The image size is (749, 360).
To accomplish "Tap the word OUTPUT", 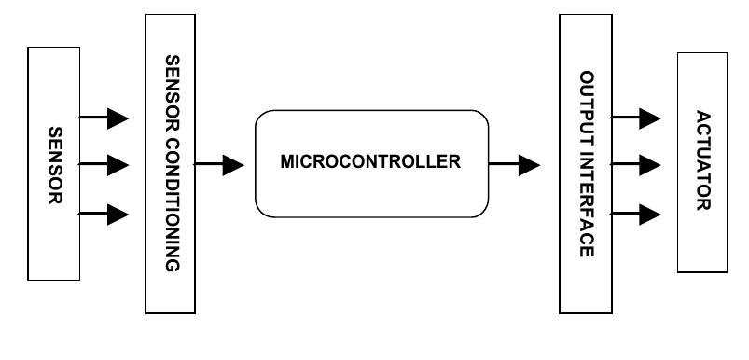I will pos(585,104).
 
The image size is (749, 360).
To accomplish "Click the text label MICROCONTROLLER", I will pos(370,161).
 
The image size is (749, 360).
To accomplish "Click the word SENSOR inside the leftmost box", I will pos(54,164).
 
